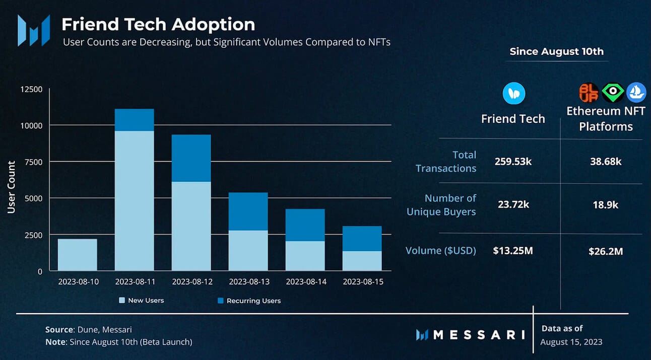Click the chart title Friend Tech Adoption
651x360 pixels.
(x=158, y=24)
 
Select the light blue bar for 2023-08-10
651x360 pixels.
(x=77, y=255)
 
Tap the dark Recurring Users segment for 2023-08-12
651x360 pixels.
(x=191, y=158)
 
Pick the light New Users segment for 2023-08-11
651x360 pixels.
(x=134, y=201)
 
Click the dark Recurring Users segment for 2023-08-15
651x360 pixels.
(x=362, y=239)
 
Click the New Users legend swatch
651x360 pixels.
(x=121, y=301)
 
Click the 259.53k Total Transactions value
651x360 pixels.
(x=513, y=162)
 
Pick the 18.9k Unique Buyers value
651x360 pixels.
(x=606, y=205)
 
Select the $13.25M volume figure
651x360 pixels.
(x=513, y=251)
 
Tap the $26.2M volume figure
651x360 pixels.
(x=606, y=251)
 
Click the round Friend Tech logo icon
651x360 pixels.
(x=514, y=94)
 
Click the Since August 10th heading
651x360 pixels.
(x=556, y=51)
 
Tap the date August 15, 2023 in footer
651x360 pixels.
(x=571, y=342)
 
